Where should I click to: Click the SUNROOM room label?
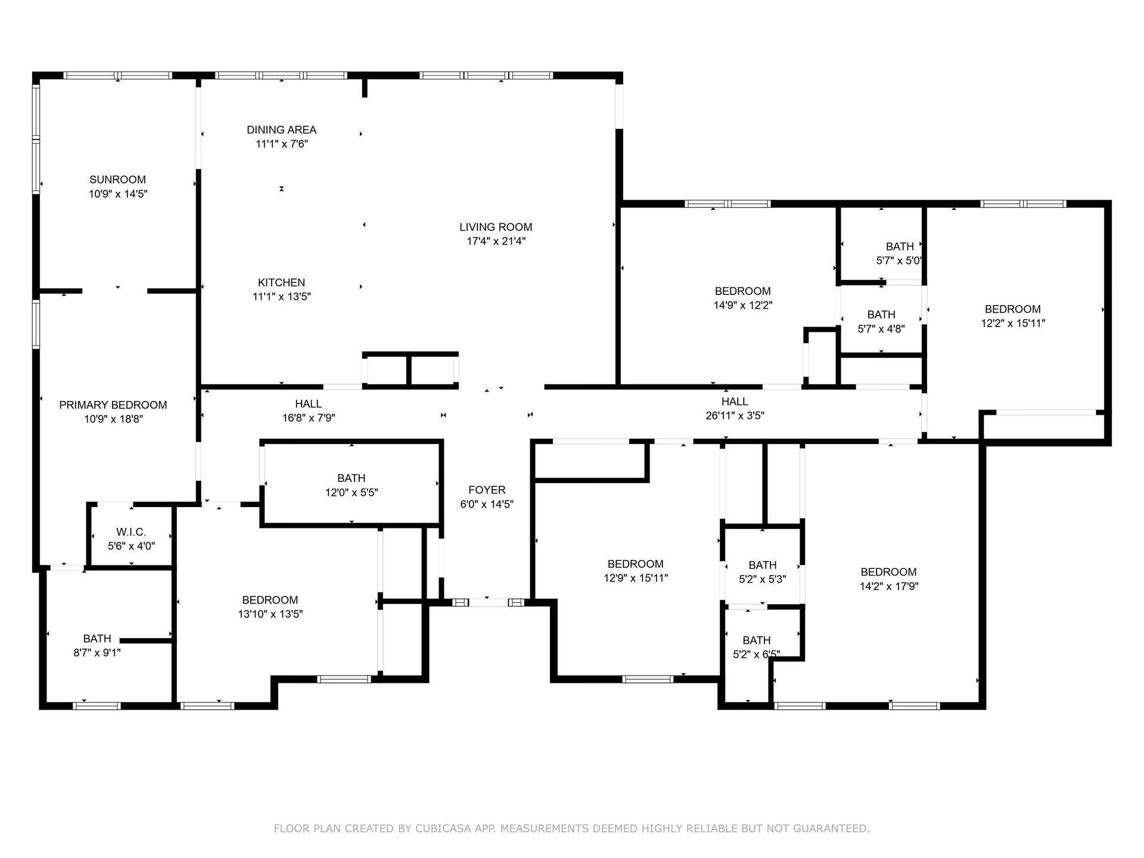point(117,179)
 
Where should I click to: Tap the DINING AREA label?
point(282,129)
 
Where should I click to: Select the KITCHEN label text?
point(281,282)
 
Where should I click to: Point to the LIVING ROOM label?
point(496,227)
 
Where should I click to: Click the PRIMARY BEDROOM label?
point(113,405)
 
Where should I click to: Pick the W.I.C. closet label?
point(131,532)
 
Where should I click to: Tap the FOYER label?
point(487,490)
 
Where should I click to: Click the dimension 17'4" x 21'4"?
point(496,241)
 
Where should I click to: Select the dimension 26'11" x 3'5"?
point(735,416)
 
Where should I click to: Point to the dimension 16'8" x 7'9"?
point(309,418)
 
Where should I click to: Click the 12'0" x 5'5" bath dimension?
point(352,493)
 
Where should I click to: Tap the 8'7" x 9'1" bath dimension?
point(97,652)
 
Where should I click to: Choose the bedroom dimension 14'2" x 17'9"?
point(889,586)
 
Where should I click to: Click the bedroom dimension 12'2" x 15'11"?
point(1013,324)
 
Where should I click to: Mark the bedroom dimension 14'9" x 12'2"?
point(743,306)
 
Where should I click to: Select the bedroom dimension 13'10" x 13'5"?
point(271,614)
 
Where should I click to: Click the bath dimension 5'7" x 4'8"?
point(881,329)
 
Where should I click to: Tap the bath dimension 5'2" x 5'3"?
point(763,579)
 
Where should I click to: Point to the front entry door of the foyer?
point(489,602)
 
